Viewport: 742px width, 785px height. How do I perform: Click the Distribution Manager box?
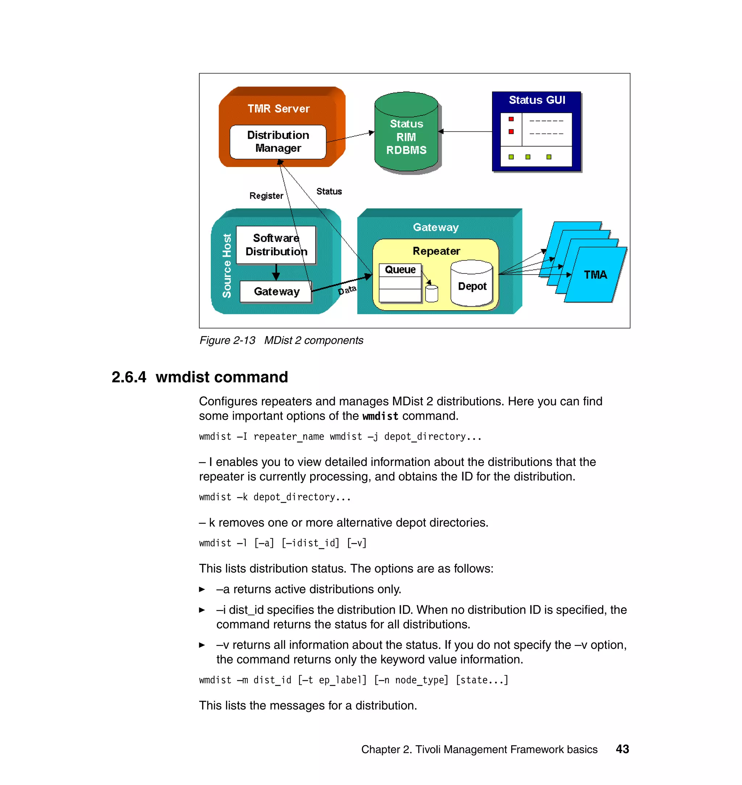coord(278,142)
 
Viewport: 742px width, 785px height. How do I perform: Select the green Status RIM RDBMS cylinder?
coord(406,134)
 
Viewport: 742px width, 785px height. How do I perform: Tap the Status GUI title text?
coord(536,100)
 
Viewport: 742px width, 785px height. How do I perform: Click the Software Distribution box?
coord(276,245)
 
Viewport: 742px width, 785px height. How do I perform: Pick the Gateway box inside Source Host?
coord(276,291)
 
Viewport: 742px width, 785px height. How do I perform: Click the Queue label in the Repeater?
coord(400,269)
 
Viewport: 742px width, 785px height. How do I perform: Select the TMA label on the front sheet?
coord(595,274)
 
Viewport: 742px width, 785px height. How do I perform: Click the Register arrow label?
coord(266,196)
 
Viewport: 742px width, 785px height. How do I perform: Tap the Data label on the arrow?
coord(347,290)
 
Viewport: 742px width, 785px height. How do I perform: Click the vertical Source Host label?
coord(227,266)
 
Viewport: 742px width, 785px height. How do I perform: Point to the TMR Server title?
coord(279,109)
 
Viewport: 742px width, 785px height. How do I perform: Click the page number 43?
coord(622,749)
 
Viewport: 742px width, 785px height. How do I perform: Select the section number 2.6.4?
coord(129,377)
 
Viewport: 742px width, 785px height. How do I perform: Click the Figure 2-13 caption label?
coord(227,340)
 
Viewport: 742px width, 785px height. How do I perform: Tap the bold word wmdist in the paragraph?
coord(380,416)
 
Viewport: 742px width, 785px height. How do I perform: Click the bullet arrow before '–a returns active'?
coord(202,589)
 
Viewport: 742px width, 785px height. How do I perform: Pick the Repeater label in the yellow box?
coord(436,251)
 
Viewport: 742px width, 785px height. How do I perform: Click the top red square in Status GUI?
coord(511,119)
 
